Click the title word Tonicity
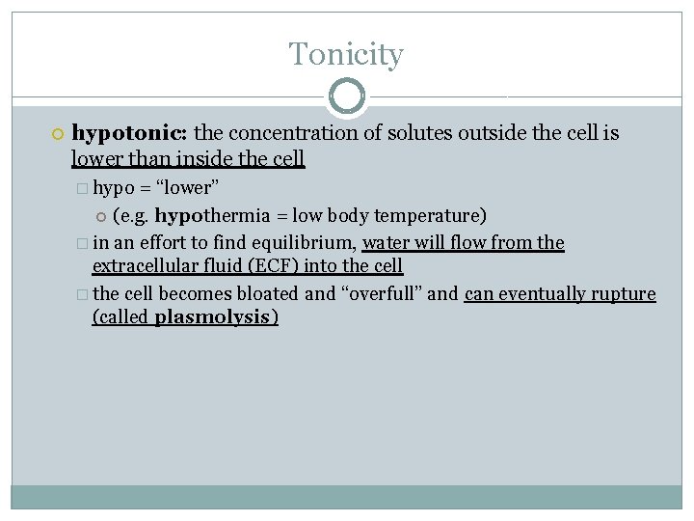coord(346,54)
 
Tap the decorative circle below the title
coord(346,96)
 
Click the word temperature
coord(430,215)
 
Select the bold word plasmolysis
coord(213,317)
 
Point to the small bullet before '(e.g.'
coord(101,216)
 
